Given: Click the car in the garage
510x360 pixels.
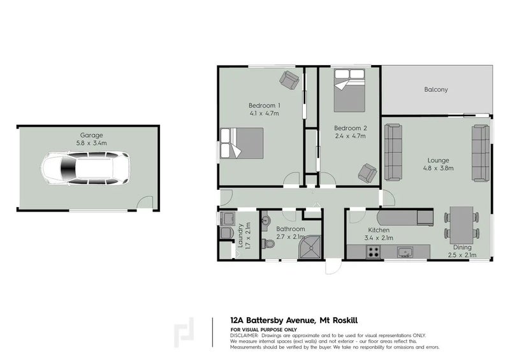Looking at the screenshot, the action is (86, 169).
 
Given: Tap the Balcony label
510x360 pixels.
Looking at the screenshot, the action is (436, 89).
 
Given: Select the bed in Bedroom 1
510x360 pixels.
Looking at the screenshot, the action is (242, 143).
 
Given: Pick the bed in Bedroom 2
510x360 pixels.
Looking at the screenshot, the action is (349, 90).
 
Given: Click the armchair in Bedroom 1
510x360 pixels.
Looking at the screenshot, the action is (289, 80).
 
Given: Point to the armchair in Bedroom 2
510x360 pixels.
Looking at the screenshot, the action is (368, 173).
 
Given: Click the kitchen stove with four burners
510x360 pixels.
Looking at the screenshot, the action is (374, 252).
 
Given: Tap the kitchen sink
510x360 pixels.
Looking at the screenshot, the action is (405, 252).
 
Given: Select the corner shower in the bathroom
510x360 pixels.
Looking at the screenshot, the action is (310, 247).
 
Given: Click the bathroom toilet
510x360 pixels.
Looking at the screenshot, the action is (268, 243).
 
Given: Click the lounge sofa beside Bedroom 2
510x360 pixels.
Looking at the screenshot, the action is (393, 152).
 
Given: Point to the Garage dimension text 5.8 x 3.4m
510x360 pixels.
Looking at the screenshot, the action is (91, 143).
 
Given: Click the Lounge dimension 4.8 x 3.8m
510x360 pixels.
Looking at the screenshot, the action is (438, 168).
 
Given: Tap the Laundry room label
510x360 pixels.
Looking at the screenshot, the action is (240, 236).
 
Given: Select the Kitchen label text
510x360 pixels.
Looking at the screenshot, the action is (379, 230).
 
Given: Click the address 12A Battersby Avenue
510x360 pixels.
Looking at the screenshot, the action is (272, 320).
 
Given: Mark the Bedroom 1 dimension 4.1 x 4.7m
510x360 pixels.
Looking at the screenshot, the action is (264, 113).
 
